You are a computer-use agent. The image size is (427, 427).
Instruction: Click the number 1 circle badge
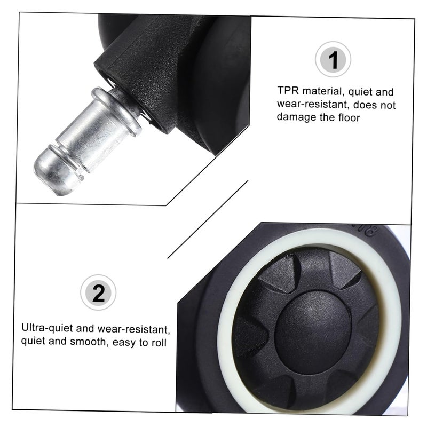333,60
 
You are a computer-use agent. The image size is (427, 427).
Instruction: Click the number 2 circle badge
98,292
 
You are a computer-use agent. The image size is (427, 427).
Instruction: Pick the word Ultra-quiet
46,327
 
